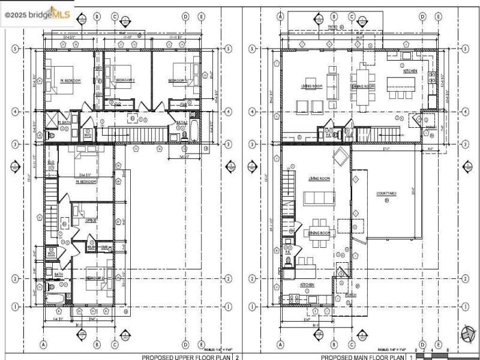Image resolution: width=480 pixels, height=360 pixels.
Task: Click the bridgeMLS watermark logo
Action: [x=37, y=12]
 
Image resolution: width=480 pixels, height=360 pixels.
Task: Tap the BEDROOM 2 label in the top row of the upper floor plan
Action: [x=125, y=80]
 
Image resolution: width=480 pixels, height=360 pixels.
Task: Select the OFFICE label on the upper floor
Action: [x=91, y=220]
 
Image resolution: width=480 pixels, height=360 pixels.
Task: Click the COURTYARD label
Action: [x=386, y=193]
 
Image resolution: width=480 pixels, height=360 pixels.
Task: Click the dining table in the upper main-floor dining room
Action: [x=364, y=86]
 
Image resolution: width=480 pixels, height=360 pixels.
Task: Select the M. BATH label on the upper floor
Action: [x=65, y=122]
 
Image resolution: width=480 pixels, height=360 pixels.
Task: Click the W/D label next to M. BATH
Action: [x=88, y=135]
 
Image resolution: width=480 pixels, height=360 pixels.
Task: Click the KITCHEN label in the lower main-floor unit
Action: [x=307, y=285]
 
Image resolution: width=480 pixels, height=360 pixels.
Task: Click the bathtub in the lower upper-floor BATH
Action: [x=55, y=299]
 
